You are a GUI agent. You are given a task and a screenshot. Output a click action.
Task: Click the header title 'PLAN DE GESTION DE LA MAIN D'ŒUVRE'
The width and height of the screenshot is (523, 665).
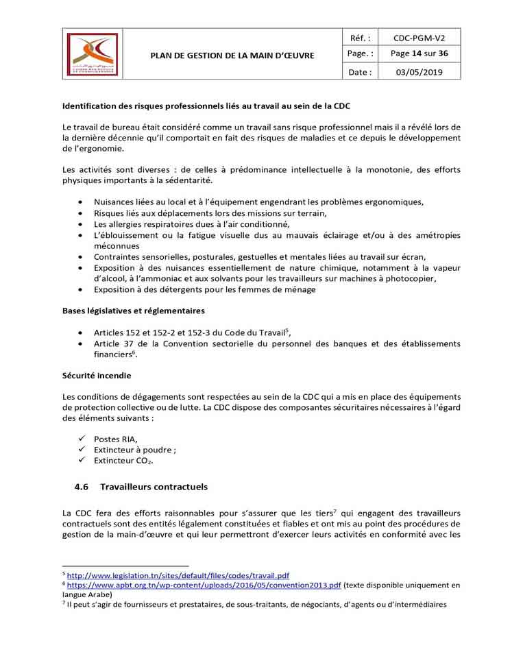pyautogui.click(x=232, y=56)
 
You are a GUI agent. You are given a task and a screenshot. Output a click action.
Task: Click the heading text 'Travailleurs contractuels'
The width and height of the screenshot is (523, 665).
pyautogui.click(x=154, y=487)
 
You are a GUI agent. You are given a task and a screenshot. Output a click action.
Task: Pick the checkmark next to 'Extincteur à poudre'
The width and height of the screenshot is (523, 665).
pyautogui.click(x=81, y=450)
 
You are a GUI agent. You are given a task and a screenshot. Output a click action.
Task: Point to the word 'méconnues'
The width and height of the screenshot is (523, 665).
pyautogui.click(x=117, y=245)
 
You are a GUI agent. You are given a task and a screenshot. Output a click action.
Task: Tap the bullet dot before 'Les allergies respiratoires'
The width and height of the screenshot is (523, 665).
pyautogui.click(x=82, y=224)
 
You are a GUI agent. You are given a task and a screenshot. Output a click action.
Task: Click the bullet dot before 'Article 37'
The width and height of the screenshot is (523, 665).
pyautogui.click(x=82, y=343)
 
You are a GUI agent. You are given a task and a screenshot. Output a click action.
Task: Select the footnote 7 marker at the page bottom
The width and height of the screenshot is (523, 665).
pyautogui.click(x=63, y=603)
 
